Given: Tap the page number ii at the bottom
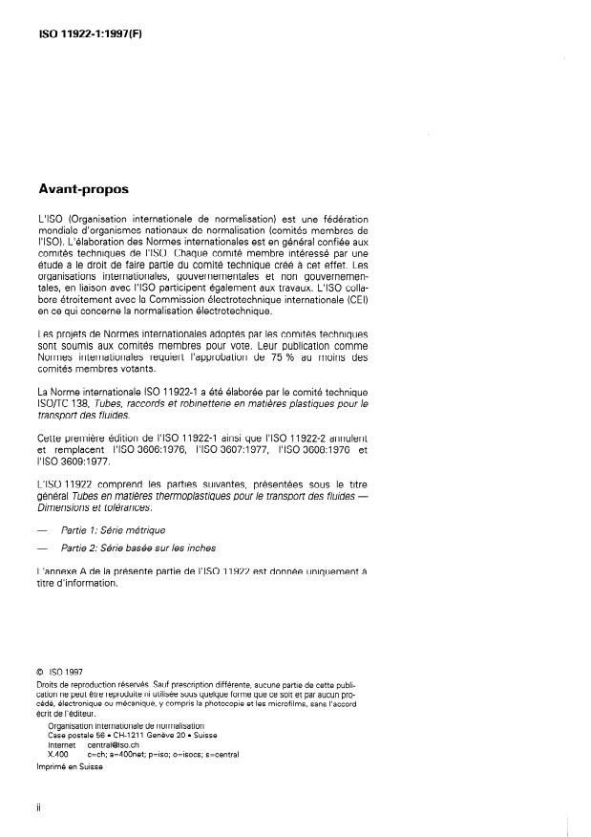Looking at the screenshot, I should [38, 807].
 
